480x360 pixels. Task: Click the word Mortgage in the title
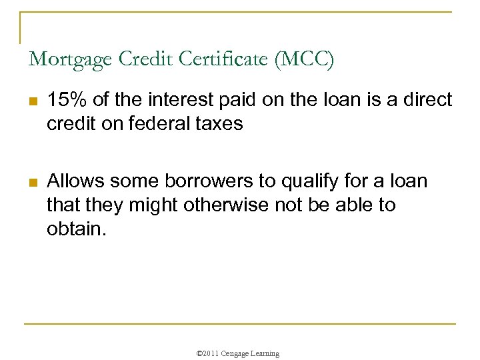(71, 60)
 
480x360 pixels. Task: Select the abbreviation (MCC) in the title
(303, 59)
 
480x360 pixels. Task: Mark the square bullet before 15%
(33, 102)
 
